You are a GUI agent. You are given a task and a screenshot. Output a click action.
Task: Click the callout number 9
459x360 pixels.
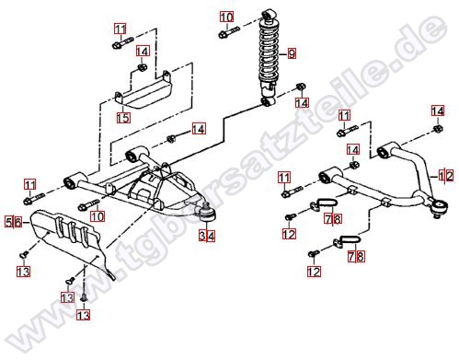coord(292,53)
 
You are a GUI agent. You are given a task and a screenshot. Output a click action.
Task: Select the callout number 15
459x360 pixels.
coord(123,118)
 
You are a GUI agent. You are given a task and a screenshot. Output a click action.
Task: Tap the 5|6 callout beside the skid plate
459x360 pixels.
coord(14,222)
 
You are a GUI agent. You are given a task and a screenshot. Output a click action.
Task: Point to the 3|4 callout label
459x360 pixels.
coord(207,236)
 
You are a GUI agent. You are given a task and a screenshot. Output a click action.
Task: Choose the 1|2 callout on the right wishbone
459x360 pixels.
coord(445,176)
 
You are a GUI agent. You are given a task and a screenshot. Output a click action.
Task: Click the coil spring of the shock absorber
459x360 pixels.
coord(270,52)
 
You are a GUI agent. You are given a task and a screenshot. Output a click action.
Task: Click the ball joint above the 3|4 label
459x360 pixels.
coord(207,213)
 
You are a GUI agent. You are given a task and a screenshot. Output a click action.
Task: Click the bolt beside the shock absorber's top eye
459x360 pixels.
coord(229,32)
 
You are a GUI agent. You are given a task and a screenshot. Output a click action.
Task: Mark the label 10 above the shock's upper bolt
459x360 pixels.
coord(226,17)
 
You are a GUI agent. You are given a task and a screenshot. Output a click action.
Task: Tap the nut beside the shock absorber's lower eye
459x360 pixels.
coord(301,87)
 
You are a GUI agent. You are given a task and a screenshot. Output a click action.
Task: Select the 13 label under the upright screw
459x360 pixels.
coord(84,315)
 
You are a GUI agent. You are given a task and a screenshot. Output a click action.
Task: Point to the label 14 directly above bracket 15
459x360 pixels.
coord(143,52)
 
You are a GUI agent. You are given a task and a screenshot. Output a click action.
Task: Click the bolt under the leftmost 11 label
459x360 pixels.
coord(34,199)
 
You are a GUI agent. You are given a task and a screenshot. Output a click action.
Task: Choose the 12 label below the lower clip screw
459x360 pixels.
coord(314,272)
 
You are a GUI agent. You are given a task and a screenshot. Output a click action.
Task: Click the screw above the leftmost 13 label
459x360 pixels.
coord(25,253)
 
